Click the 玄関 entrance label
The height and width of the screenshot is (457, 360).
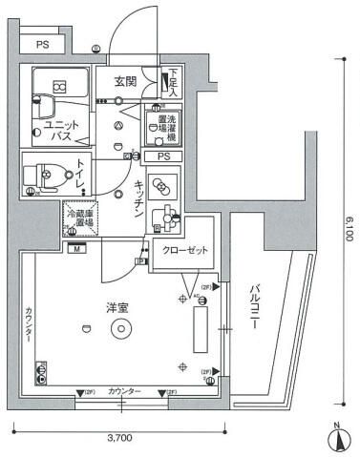pos(127,81)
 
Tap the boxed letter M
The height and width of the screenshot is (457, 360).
pos(75,249)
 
